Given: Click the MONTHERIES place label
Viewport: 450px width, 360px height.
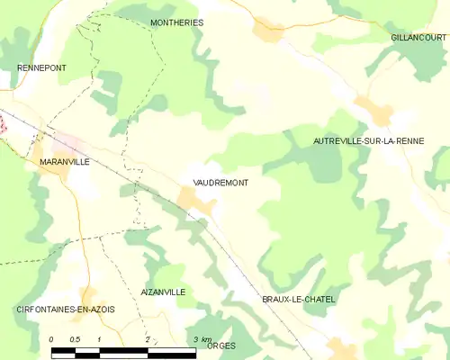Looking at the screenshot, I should (x=176, y=22).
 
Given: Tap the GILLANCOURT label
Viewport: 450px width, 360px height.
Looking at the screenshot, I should (x=418, y=38).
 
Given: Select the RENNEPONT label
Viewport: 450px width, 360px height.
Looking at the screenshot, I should (x=41, y=68).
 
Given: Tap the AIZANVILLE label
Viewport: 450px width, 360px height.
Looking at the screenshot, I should (x=163, y=292).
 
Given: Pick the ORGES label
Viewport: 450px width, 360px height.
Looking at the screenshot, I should (x=220, y=346).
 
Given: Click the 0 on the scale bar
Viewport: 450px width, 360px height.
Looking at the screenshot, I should (x=51, y=339).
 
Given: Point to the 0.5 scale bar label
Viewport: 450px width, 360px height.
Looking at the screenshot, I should (x=76, y=339).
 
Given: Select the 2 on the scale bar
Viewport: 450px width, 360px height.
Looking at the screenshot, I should (x=147, y=339).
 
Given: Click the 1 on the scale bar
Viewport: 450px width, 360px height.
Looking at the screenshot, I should (x=99, y=339).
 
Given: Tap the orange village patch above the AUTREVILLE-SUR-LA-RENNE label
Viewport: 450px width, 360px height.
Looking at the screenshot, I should (x=373, y=112).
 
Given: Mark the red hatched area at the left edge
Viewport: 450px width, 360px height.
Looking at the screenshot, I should (x=3, y=127).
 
